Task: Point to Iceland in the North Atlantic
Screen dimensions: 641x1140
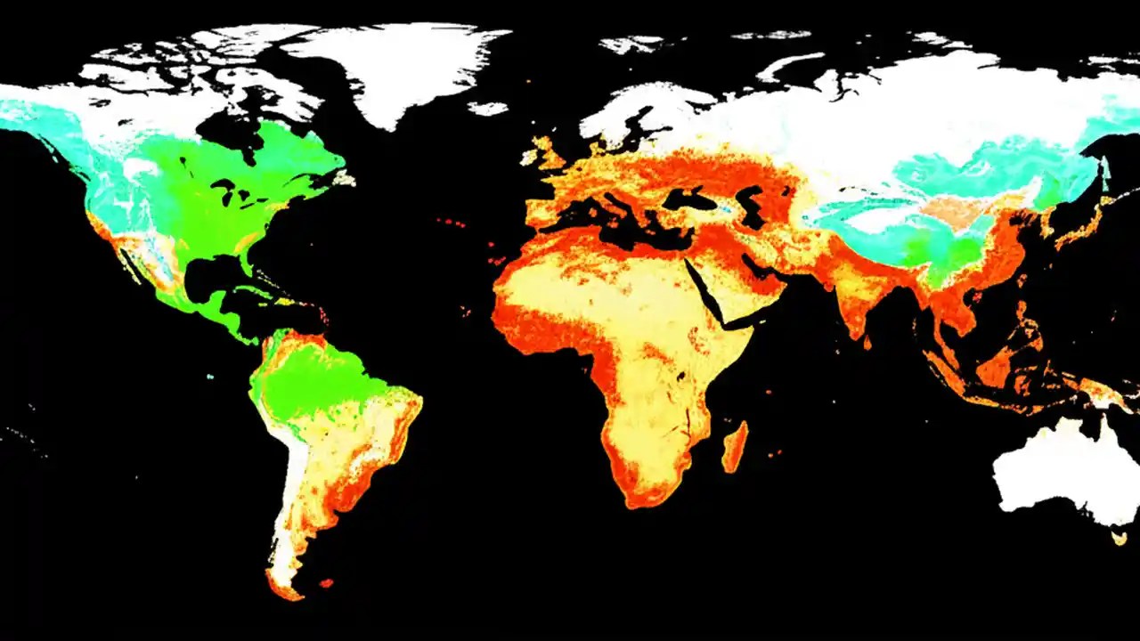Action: pyautogui.click(x=487, y=109)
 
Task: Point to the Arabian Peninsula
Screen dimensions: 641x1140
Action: pyautogui.click(x=744, y=285)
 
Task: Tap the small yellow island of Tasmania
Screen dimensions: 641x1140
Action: pyautogui.click(x=1119, y=537)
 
